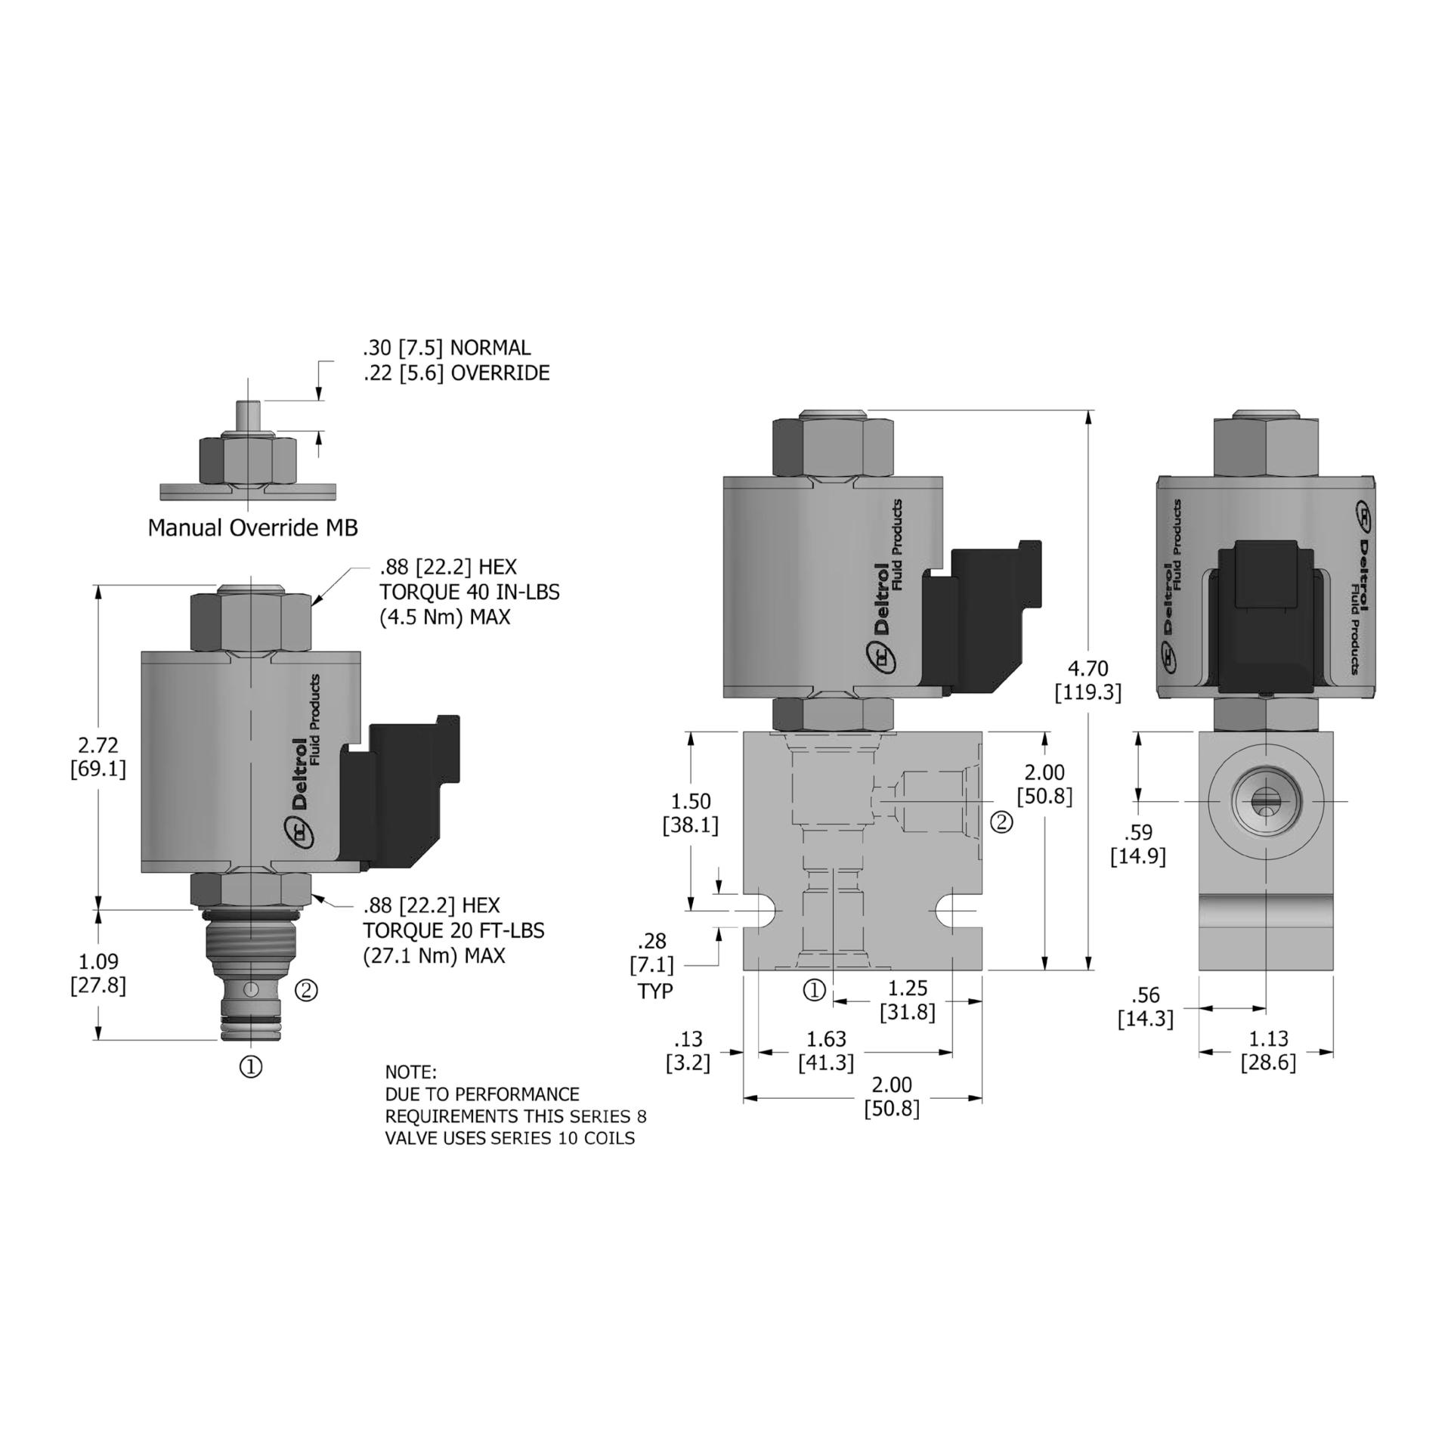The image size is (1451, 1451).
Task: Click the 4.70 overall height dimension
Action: click(x=1087, y=679)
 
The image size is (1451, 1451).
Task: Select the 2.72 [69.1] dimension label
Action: click(x=98, y=756)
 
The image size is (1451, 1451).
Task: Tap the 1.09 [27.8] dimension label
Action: click(x=98, y=973)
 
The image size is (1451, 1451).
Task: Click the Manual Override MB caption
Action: click(x=252, y=527)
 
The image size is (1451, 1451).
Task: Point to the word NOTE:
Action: click(x=410, y=1072)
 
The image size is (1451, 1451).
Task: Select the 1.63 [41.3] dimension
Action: click(x=826, y=1050)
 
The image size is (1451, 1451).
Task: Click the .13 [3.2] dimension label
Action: click(x=688, y=1050)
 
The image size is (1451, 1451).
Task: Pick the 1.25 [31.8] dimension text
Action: click(x=907, y=1000)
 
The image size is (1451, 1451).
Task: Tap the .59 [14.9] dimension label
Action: click(x=1137, y=844)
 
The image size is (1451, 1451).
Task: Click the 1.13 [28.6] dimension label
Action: click(x=1267, y=1050)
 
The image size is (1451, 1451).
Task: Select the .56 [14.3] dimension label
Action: click(x=1145, y=1007)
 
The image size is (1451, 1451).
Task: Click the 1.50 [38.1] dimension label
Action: click(x=690, y=812)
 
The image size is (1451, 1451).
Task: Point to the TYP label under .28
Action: click(x=654, y=991)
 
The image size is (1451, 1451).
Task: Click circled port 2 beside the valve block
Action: click(x=1001, y=821)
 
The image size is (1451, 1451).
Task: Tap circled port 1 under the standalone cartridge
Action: click(x=251, y=1066)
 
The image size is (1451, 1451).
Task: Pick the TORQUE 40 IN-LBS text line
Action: click(x=469, y=592)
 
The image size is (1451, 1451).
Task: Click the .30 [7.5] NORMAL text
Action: click(x=447, y=348)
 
